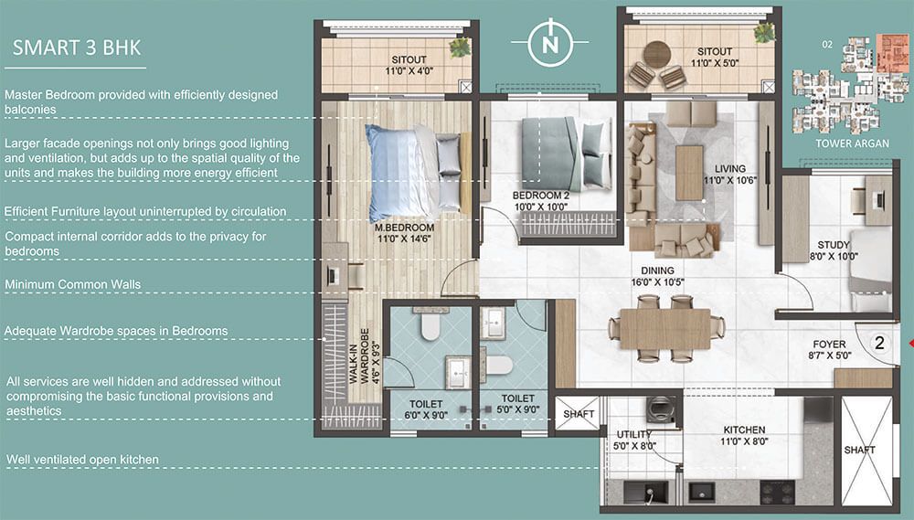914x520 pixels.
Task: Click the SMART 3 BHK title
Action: coord(77,48)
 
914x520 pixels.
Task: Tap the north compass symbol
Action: coord(550,42)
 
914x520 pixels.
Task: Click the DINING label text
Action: coord(657,271)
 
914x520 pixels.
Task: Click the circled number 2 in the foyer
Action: coord(879,343)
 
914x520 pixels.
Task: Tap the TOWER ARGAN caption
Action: coord(852,143)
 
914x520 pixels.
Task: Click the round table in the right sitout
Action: coord(657,55)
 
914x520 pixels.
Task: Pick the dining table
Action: coord(665,329)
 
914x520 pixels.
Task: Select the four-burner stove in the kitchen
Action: coord(778,492)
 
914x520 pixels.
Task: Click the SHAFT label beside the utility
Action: coord(579,414)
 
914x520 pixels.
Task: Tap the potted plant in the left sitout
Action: coord(460,48)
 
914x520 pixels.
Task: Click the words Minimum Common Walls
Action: coord(73,284)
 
